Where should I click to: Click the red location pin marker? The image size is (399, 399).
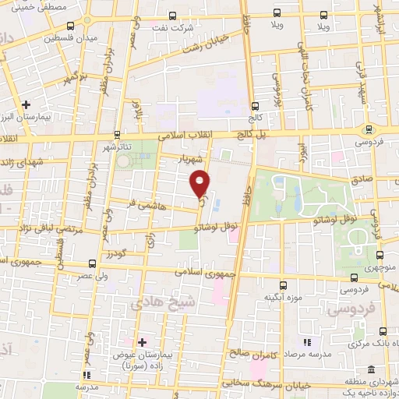(x=201, y=183)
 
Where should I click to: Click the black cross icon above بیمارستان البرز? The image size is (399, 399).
(x=27, y=104)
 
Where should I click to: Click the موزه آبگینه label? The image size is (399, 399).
(x=281, y=298)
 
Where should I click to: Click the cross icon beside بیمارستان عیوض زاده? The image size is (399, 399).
(x=142, y=342)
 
